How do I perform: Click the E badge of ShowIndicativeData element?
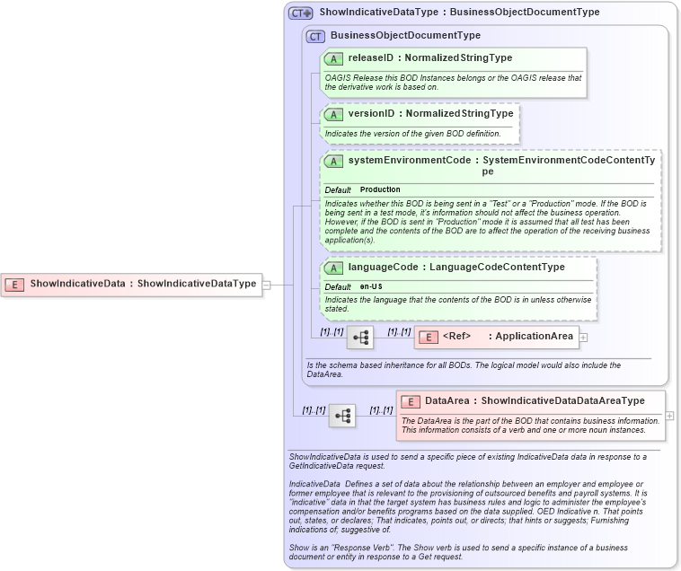pyautogui.click(x=14, y=284)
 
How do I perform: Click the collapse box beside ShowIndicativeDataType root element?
pyautogui.click(x=266, y=285)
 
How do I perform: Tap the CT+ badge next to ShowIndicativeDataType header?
pyautogui.click(x=300, y=13)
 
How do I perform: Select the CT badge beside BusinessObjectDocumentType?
pyautogui.click(x=315, y=36)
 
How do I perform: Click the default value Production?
pyautogui.click(x=380, y=190)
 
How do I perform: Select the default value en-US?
pyautogui.click(x=370, y=286)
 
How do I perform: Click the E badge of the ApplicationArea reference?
pyautogui.click(x=429, y=337)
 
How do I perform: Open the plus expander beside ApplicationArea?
pyautogui.click(x=584, y=338)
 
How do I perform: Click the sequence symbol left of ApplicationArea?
pyautogui.click(x=360, y=338)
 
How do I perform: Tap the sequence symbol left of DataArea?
pyautogui.click(x=342, y=416)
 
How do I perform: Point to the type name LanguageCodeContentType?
pyautogui.click(x=497, y=267)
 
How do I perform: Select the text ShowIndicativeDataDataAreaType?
pyautogui.click(x=562, y=400)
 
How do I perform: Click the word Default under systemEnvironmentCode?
pyautogui.click(x=338, y=190)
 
